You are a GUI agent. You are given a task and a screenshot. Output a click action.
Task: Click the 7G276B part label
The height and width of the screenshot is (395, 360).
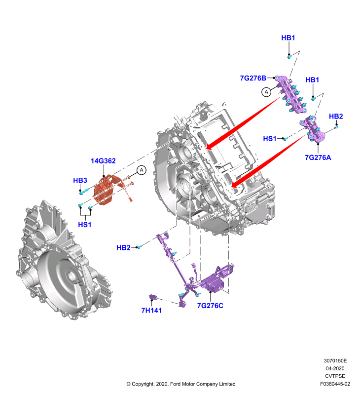253,78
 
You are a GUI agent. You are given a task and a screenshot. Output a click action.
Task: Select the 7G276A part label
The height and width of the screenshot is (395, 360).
318,158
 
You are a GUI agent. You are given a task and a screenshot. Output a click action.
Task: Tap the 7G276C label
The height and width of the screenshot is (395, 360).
210,306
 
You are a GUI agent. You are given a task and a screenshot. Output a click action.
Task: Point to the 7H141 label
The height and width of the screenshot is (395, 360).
151,311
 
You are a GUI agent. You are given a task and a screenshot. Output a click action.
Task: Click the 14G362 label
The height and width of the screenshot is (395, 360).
103,161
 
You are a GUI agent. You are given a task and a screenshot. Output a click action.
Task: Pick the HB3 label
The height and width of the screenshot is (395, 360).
80,180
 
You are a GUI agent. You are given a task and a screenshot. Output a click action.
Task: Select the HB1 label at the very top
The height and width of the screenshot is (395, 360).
288,38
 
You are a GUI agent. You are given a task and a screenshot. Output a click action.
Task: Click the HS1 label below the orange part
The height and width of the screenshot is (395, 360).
84,225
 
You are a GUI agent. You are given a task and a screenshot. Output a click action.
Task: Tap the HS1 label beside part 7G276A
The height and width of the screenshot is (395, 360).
270,139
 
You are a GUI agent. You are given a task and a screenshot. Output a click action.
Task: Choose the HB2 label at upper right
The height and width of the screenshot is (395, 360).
336,116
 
